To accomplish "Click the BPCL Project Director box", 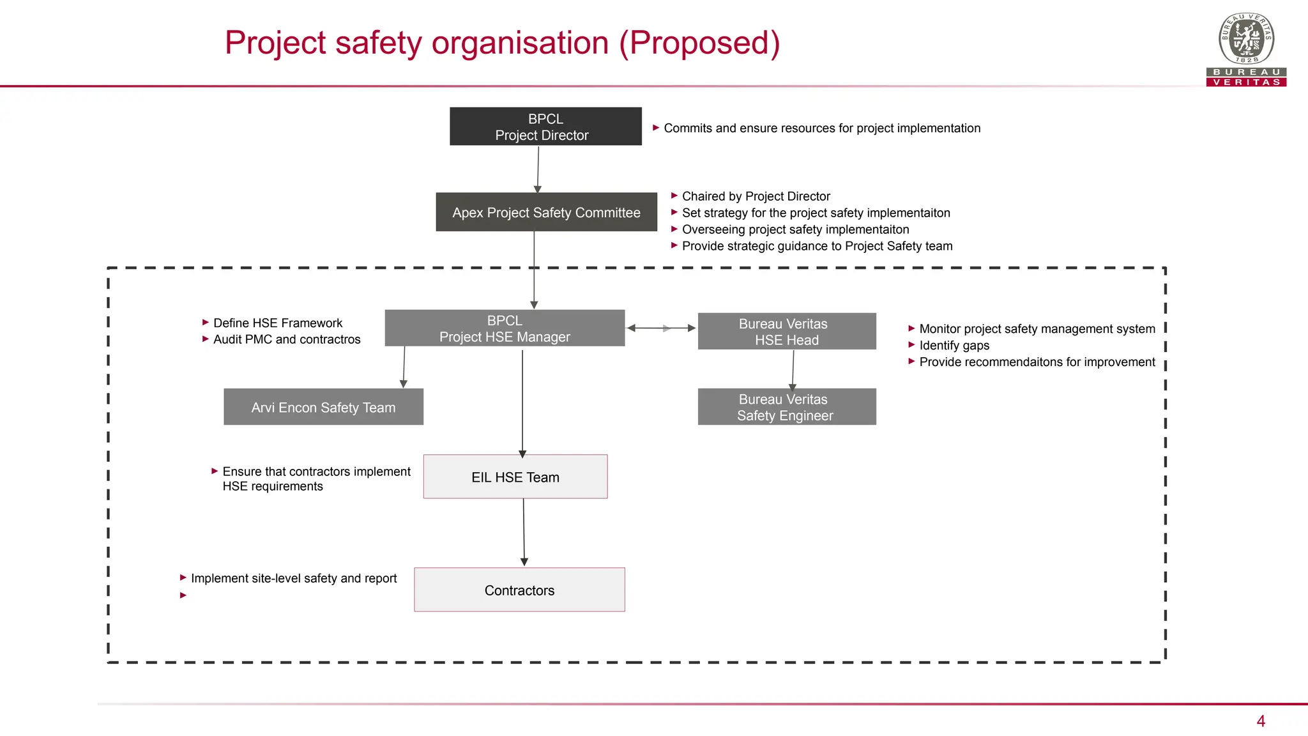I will coord(545,126).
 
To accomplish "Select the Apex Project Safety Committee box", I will coord(546,212).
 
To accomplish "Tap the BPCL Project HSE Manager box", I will coord(505,328).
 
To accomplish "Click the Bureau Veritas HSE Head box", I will coord(786,332).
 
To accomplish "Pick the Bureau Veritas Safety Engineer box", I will coord(786,407).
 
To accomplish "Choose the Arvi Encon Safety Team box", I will coord(323,407).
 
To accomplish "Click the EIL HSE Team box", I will coord(515,477).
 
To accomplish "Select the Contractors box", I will coord(519,590).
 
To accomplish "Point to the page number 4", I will coord(1260,721).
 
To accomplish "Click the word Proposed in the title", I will coord(699,43).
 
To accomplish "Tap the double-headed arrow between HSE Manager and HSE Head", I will coord(661,328).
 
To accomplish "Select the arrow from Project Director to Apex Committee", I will coord(538,169).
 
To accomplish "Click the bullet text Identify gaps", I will coord(954,346).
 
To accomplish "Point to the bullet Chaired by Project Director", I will coord(756,196).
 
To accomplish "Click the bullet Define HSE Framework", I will coord(277,323).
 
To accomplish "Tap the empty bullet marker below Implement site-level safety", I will coord(183,595).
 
